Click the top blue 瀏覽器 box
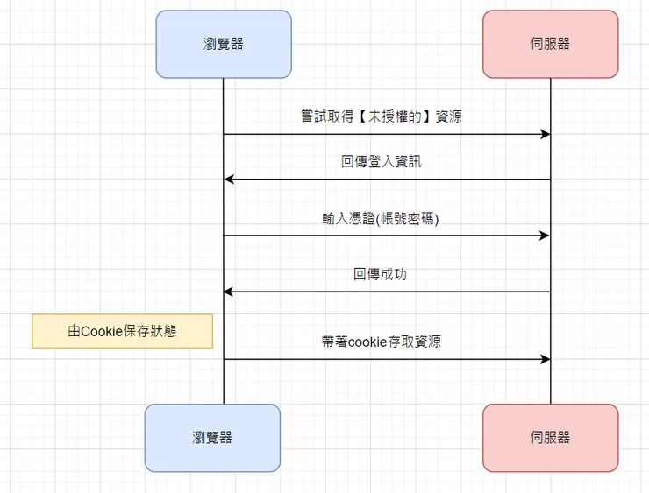pyautogui.click(x=223, y=44)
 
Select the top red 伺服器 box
pyautogui.click(x=550, y=44)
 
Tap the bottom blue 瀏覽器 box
pyautogui.click(x=212, y=437)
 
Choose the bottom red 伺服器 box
pyautogui.click(x=550, y=437)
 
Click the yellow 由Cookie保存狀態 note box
pyautogui.click(x=123, y=331)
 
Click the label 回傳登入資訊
pyautogui.click(x=382, y=162)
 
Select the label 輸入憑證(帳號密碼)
pyautogui.click(x=381, y=218)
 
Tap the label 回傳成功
pyautogui.click(x=380, y=274)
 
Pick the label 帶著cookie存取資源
pyautogui.click(x=382, y=341)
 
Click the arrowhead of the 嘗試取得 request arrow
pyautogui.click(x=546, y=135)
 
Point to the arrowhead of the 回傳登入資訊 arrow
pyautogui.click(x=229, y=180)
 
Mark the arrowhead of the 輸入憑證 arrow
pyautogui.click(x=546, y=236)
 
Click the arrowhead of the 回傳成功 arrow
pyautogui.click(x=229, y=292)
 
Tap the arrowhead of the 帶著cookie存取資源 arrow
pyautogui.click(x=546, y=359)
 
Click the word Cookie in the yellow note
pyautogui.click(x=102, y=331)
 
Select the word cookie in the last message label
pyautogui.click(x=367, y=342)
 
